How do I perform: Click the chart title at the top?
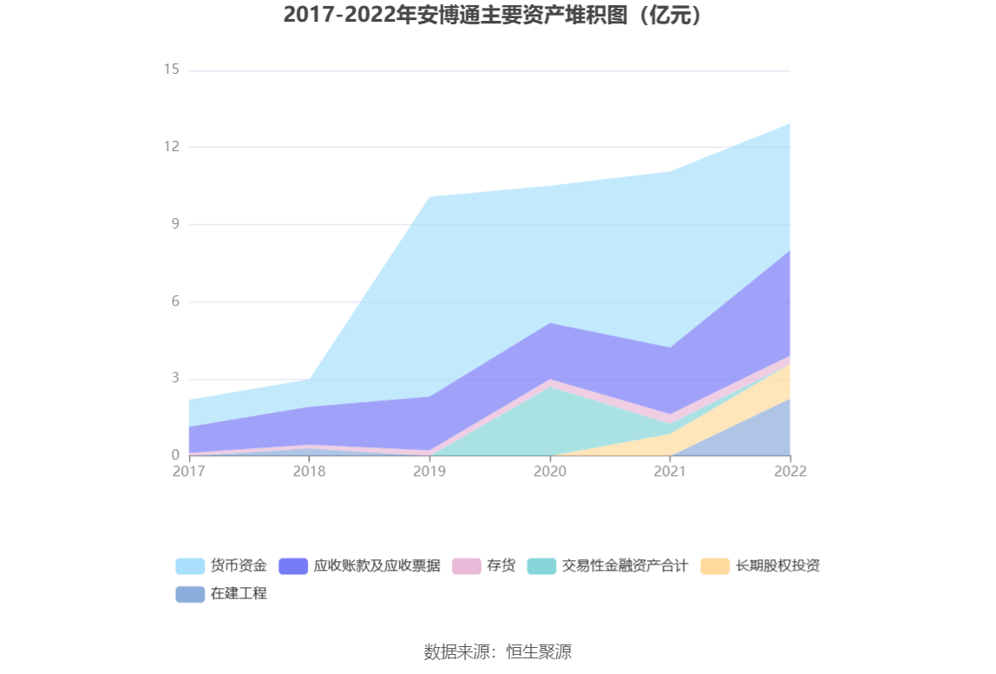pos(497,16)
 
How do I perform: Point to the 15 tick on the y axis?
pos(171,69)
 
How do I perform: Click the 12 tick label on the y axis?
pos(171,147)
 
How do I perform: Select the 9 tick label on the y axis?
pos(174,224)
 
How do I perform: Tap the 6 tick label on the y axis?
pos(174,301)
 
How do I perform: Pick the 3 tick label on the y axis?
pos(174,379)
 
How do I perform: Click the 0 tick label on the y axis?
pos(174,455)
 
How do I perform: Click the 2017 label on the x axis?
pos(188,472)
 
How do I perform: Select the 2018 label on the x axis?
pos(309,472)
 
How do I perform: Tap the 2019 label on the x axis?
pos(429,472)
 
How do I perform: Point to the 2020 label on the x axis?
pos(550,472)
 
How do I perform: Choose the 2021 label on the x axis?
pos(670,472)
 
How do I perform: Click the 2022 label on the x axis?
pos(790,472)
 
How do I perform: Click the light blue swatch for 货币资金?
pos(190,566)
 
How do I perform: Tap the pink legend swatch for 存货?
pos(467,566)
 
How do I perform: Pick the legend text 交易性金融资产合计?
pos(625,566)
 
